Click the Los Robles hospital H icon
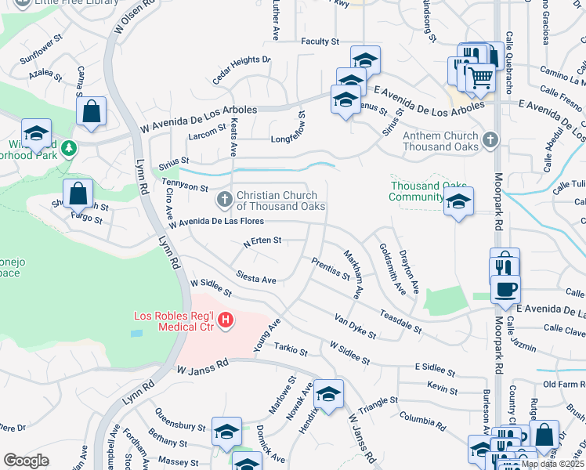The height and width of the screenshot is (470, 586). click(x=226, y=320)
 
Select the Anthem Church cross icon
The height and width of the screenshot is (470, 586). click(x=490, y=141)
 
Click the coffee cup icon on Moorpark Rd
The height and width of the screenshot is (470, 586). click(x=505, y=287)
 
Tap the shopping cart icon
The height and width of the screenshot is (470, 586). click(x=480, y=78)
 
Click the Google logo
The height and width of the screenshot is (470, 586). click(x=26, y=460)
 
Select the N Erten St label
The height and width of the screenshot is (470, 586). click(x=262, y=243)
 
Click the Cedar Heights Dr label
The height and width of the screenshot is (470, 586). click(x=241, y=69)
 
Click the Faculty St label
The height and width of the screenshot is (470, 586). click(x=319, y=41)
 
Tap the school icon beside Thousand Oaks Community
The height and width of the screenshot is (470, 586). click(x=458, y=203)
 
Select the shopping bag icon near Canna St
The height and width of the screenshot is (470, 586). click(x=92, y=111)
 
